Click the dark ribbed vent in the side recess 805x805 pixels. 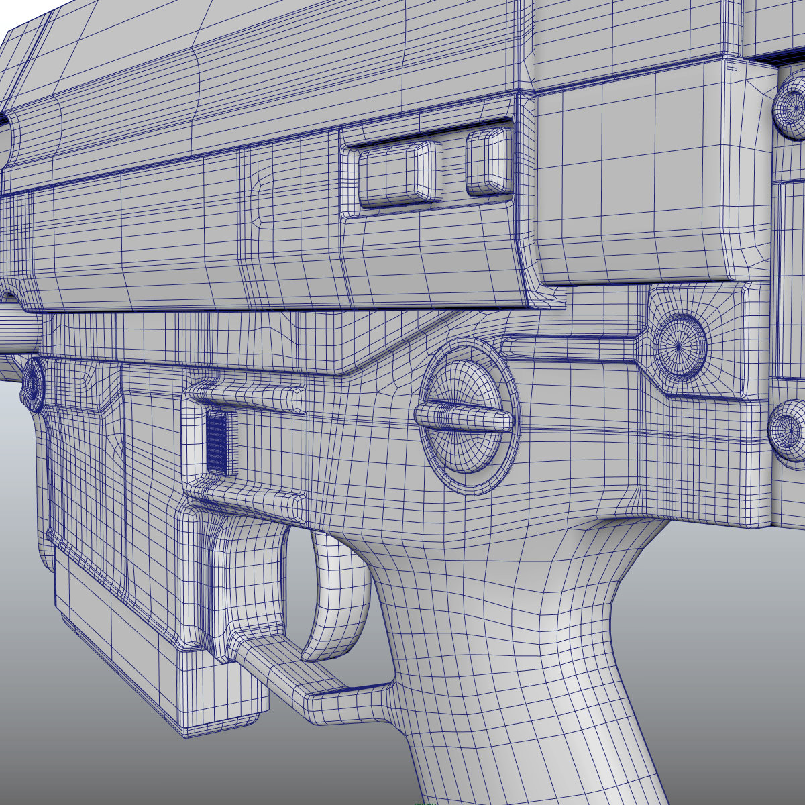217,443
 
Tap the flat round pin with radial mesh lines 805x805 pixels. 679,346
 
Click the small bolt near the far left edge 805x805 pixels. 32,383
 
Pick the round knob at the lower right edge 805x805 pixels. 788,429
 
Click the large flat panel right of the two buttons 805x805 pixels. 631,181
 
